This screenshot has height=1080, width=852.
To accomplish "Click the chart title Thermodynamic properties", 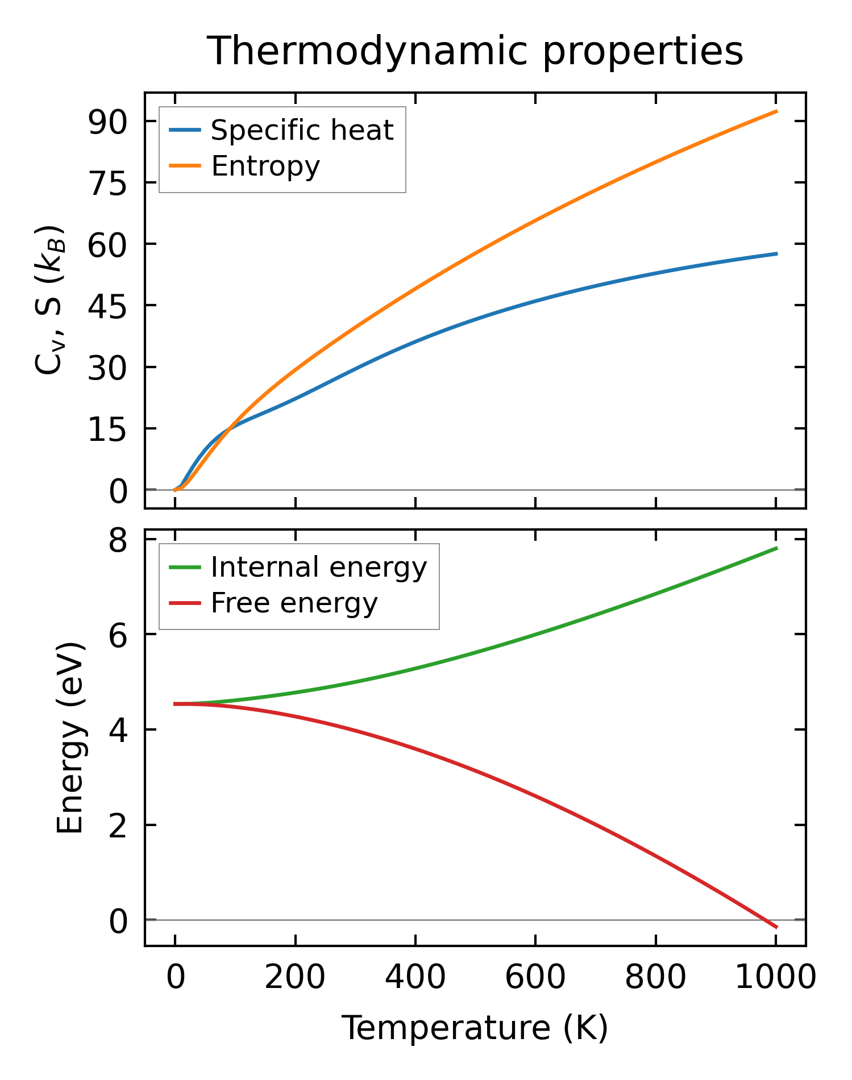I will pos(475,51).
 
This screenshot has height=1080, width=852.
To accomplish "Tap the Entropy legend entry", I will pos(265,166).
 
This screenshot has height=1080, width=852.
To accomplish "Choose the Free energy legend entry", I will pos(294,603).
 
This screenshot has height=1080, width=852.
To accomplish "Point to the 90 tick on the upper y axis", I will pos(108,122).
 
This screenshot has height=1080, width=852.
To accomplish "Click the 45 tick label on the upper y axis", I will pos(108,306).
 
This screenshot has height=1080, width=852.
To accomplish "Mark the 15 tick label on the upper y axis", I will pos(108,428).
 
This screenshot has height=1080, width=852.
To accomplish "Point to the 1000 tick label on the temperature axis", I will pos(775,978).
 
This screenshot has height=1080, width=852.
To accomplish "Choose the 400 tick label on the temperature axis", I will pos(415,978).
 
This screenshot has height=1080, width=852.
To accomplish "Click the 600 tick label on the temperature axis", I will pos(535,978).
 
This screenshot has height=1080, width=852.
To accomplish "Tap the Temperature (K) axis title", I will pos(475,1028).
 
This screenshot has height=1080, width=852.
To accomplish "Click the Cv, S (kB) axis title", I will pos(50,300).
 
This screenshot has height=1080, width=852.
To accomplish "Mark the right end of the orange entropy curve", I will pos(776,111).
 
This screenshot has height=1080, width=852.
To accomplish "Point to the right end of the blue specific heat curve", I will pos(776,253).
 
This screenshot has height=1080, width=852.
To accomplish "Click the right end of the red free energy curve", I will pos(776,927).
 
